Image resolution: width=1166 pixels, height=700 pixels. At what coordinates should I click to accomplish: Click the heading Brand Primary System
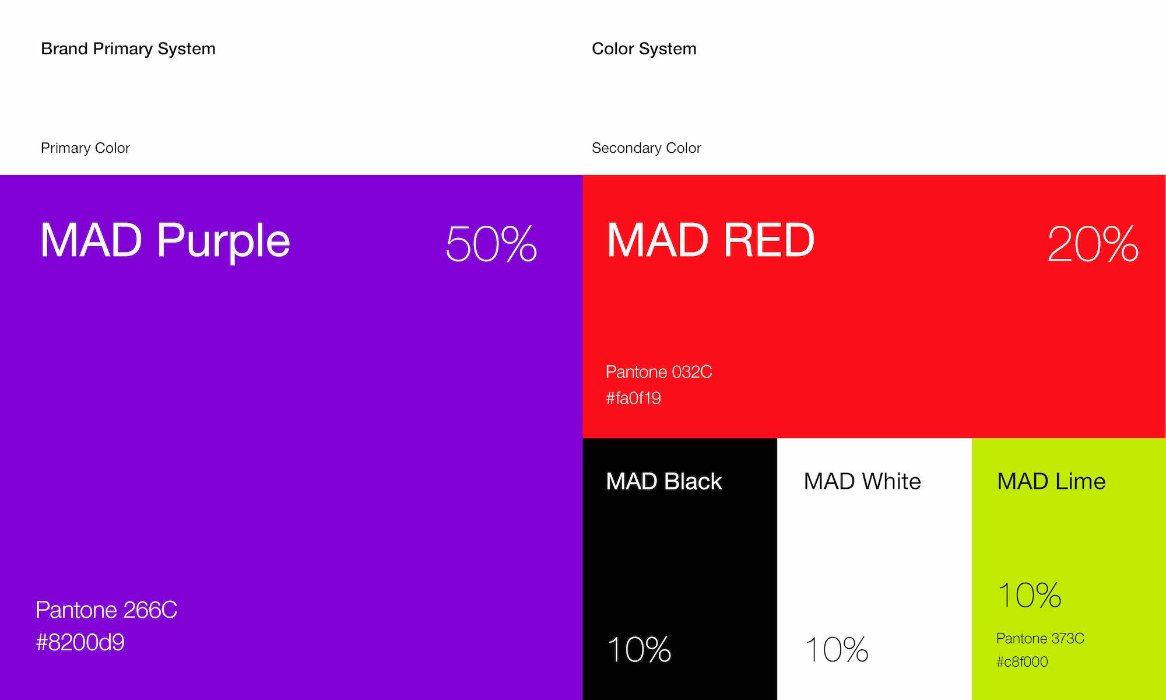(x=128, y=49)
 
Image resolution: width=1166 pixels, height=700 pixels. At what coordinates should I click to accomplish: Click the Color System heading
(x=644, y=49)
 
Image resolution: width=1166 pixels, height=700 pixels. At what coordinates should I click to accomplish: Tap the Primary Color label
(x=85, y=148)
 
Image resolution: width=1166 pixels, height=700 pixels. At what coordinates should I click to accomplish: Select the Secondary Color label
(x=647, y=148)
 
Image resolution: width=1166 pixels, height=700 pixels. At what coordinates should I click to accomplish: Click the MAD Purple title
(x=165, y=240)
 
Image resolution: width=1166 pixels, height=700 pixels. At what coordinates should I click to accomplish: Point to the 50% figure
(x=491, y=243)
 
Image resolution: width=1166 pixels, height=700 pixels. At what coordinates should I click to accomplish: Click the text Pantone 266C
(x=106, y=610)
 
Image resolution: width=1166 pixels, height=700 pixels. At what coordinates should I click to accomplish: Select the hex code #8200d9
(x=80, y=642)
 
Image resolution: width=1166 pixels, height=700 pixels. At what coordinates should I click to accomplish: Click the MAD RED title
(x=711, y=240)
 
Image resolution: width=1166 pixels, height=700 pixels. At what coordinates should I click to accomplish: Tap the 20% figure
(x=1093, y=243)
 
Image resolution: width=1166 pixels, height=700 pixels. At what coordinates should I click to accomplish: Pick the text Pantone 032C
(x=659, y=372)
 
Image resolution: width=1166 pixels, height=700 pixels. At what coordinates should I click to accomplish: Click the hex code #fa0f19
(x=633, y=398)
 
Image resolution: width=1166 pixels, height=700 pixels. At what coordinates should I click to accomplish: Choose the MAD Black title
(x=664, y=482)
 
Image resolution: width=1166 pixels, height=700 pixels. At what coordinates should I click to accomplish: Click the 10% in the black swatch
(x=639, y=649)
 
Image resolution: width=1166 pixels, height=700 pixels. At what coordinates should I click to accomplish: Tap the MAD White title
(x=862, y=482)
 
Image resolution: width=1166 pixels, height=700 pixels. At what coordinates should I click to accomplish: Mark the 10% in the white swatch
(x=837, y=649)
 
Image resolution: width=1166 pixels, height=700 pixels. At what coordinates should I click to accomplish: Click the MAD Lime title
(x=1051, y=482)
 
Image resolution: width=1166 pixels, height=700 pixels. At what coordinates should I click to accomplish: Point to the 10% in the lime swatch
(x=1030, y=595)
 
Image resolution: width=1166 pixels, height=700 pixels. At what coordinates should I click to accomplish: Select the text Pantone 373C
(x=1040, y=638)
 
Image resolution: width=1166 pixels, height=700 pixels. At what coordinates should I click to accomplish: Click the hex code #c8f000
(x=1022, y=661)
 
